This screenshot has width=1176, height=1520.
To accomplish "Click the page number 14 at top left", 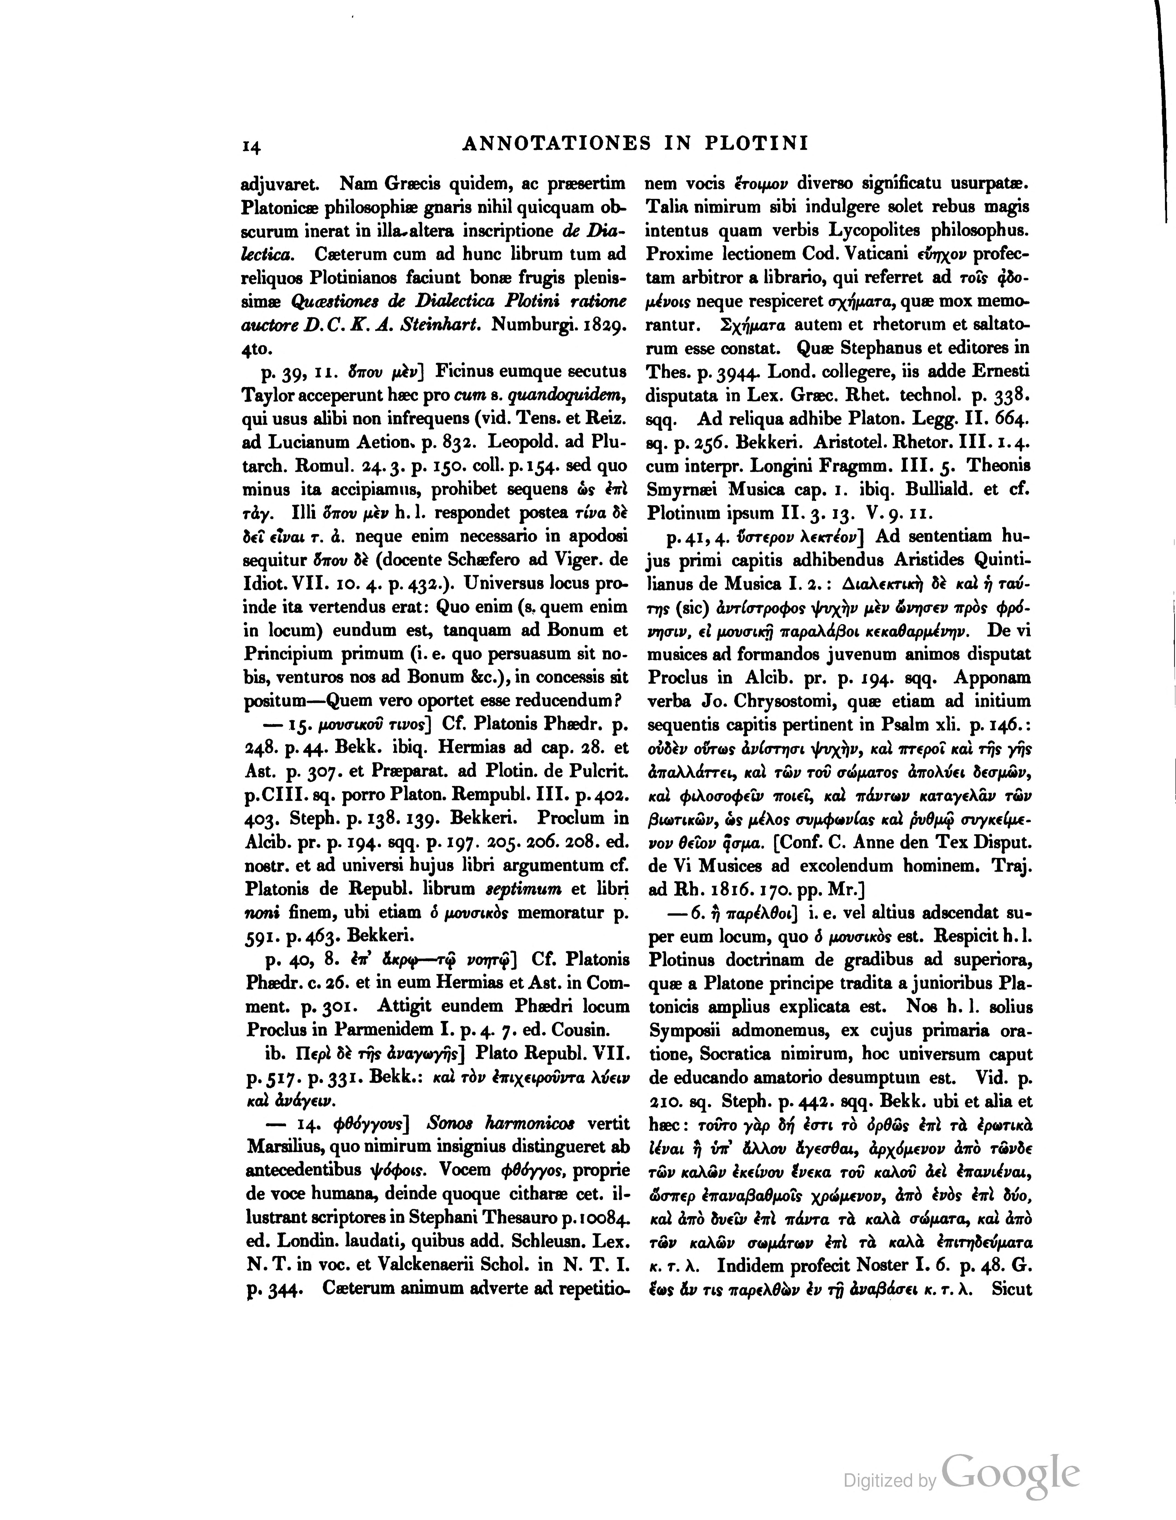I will click(x=250, y=146).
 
